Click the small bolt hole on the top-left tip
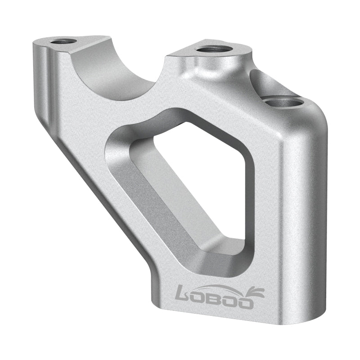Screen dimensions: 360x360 point(63,42)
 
